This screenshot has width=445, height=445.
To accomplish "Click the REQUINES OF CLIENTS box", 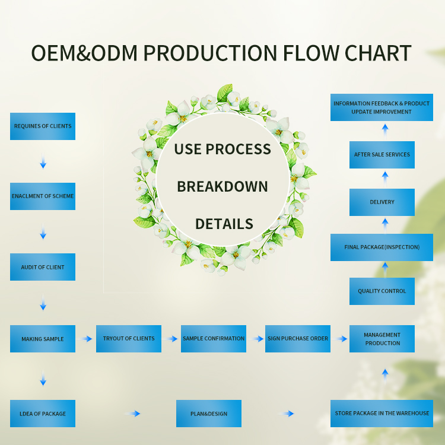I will pos(43,126).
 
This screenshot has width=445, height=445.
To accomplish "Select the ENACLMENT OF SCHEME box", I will pos(43,196).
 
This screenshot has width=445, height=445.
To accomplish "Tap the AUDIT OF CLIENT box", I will pos(43,267).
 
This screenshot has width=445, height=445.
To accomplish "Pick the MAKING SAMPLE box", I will pos(43,339).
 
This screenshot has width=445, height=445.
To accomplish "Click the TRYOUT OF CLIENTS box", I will pos(129,339).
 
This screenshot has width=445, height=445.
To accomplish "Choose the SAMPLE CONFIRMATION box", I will pos(214,339).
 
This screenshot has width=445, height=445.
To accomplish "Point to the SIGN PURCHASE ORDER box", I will pos(298,339).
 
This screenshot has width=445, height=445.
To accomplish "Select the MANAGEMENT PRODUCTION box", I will pos(382,339).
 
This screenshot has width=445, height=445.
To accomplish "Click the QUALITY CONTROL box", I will pos(382,291).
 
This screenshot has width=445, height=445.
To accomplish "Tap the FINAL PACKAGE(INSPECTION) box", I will pos(382,247).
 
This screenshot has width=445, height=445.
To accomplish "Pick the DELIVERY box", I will pos(382,202).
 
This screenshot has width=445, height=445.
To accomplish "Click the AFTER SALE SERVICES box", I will pos(382,155).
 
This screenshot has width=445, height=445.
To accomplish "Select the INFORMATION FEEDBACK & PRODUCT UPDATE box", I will pos(382,107).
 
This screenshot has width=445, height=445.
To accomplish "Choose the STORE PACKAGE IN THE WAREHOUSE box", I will pos(382,414).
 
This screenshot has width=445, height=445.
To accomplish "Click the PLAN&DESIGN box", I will pos(209,414).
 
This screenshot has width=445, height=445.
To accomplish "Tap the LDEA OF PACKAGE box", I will pos(43,414).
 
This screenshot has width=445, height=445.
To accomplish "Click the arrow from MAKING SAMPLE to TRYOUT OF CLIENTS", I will pos(87,339).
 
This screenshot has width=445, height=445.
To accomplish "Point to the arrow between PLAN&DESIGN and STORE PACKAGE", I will pos(287,414).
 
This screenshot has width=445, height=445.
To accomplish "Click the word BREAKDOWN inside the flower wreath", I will pos(223,186).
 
